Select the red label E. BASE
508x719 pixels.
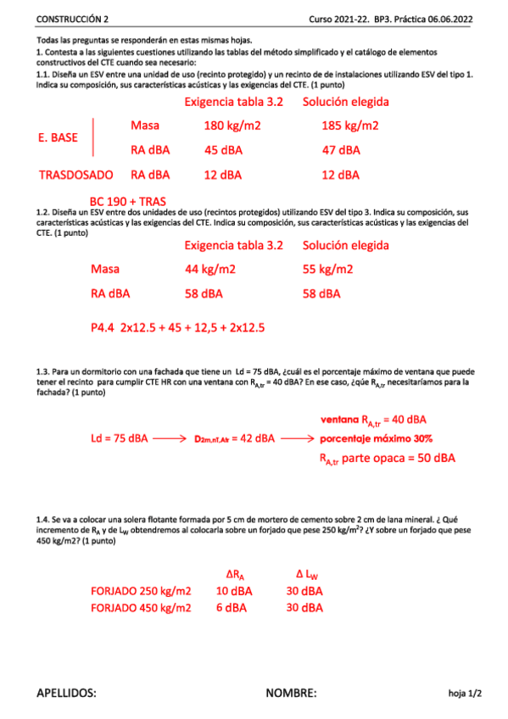click(x=59, y=137)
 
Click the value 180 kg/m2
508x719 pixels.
click(x=232, y=125)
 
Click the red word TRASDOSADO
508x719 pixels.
click(x=75, y=176)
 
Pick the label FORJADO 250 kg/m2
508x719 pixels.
click(x=141, y=591)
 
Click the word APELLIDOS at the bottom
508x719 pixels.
click(x=66, y=693)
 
